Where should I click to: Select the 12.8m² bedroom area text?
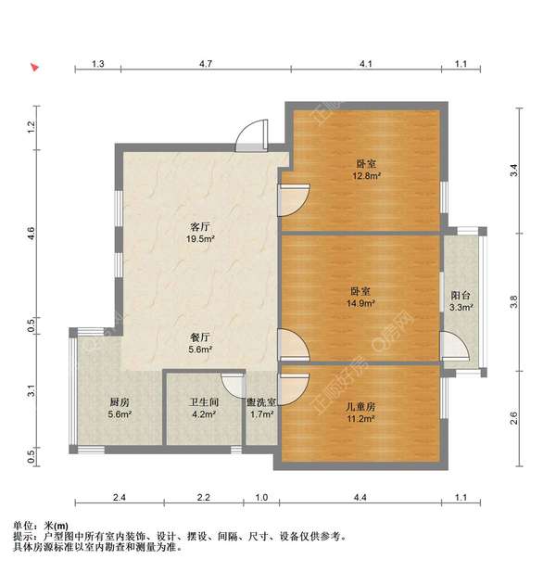click(363, 174)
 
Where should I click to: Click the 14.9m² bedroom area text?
click(359, 302)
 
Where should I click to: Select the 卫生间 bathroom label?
click(203, 403)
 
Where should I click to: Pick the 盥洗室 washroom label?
click(259, 403)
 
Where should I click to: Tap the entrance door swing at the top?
click(249, 138)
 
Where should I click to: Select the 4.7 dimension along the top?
click(206, 64)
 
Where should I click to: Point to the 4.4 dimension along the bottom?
click(360, 498)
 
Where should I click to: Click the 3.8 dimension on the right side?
click(514, 301)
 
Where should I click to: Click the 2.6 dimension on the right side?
click(514, 417)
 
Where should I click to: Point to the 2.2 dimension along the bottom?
click(203, 498)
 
